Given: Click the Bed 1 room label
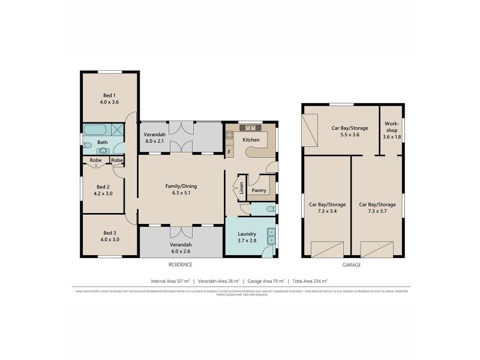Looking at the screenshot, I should point(109,95).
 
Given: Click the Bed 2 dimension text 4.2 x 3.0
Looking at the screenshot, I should point(103,194).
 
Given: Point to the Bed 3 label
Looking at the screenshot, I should point(109,233).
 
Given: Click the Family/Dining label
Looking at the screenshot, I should point(181,186).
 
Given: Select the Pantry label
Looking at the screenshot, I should point(259,191).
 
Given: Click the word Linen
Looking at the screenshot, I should point(241,188).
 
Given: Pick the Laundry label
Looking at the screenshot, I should point(247,234).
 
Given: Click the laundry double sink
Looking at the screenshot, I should point(271,236).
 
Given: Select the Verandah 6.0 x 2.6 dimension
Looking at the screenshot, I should point(181,252).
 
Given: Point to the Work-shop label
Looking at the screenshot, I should point(391,130).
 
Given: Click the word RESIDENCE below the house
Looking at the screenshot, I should point(180,265).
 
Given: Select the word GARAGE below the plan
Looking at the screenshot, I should point(352,265).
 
